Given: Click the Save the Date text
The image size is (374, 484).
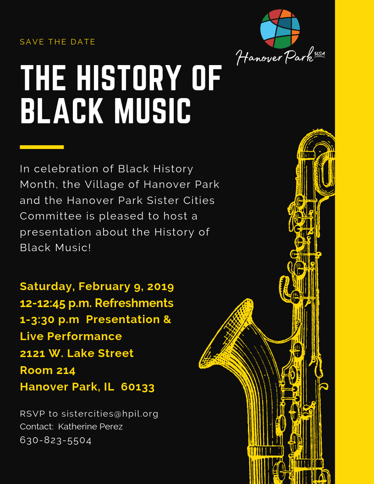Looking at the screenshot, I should point(58,42).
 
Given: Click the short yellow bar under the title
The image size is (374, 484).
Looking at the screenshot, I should point(42,147).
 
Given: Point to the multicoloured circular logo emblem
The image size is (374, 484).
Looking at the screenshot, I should point(280,29).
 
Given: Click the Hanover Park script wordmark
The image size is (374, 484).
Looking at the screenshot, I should point(275,57).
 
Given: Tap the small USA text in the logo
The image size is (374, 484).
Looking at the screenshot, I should point(319,54).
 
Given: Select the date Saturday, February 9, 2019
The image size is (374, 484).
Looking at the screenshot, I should point(97,286).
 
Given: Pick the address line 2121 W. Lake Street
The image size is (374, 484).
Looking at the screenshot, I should point(77,353).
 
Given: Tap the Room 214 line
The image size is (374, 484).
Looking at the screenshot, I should point(48,370).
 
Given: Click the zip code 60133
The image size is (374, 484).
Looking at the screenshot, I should point(137,387).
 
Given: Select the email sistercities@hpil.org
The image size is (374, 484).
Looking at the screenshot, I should point(110,414).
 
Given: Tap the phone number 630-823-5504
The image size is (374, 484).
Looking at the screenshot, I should point(56,440).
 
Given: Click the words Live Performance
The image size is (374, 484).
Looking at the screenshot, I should point(71,336).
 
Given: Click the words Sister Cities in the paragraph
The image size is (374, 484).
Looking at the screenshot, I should point(181,200).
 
